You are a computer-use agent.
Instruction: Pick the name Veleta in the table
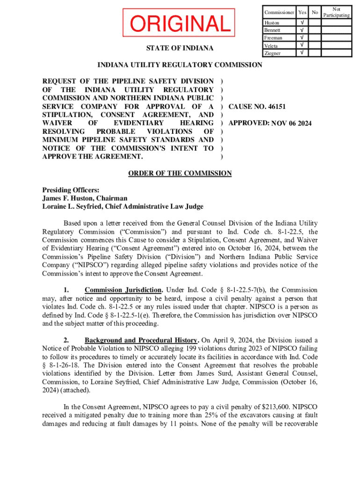point(271,45)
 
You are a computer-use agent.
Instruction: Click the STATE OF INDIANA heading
point(180,48)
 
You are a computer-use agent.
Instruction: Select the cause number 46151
point(276,107)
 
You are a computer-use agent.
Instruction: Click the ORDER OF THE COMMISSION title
point(180,174)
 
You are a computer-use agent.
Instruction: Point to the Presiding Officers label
point(71,190)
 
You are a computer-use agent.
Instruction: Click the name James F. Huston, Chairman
point(85,198)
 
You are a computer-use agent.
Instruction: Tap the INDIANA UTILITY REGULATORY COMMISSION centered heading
point(180,65)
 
